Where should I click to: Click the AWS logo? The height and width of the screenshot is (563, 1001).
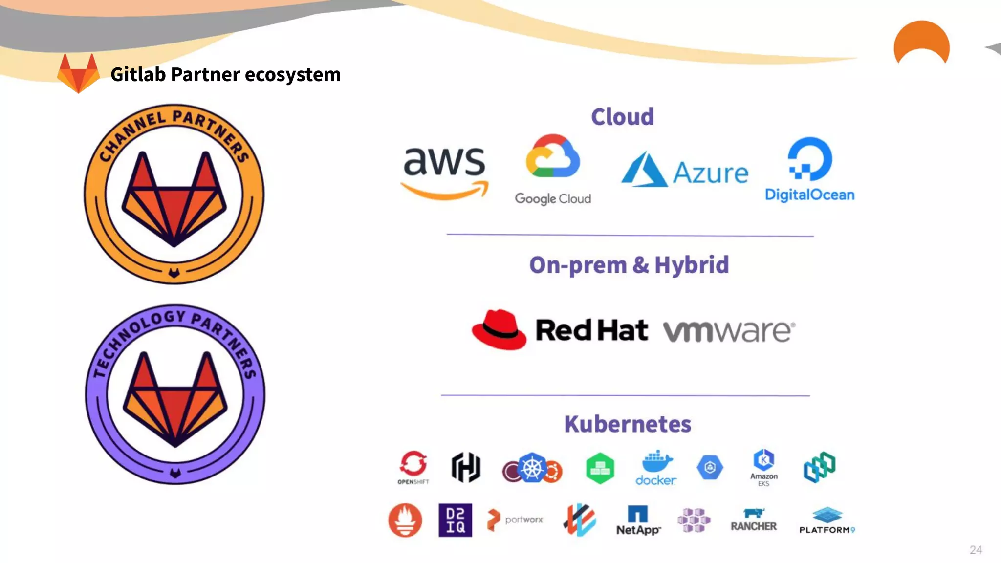pos(444,171)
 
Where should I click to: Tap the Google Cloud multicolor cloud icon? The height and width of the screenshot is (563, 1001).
pos(553,156)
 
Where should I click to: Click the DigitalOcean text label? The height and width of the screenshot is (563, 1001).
pos(809,195)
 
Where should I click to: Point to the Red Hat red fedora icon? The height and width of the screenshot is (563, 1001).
pos(499,329)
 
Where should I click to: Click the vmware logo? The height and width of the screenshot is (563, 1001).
pos(729,331)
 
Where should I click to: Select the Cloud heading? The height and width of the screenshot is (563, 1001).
pos(622,116)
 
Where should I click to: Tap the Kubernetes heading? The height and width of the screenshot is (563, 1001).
pos(628,424)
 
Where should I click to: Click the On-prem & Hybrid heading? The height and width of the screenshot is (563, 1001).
pos(629,265)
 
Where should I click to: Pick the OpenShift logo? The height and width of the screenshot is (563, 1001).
pos(413,467)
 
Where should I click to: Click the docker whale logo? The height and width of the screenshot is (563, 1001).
pos(656,467)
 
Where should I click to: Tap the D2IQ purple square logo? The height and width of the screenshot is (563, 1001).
pos(455,520)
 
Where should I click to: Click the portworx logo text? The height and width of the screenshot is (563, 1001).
pos(523,520)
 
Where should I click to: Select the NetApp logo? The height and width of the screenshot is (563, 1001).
pos(638,520)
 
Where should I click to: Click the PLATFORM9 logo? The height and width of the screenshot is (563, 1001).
pos(827,521)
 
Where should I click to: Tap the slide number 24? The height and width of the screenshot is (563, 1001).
pos(976,550)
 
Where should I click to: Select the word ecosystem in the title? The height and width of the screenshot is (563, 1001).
pos(292,75)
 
